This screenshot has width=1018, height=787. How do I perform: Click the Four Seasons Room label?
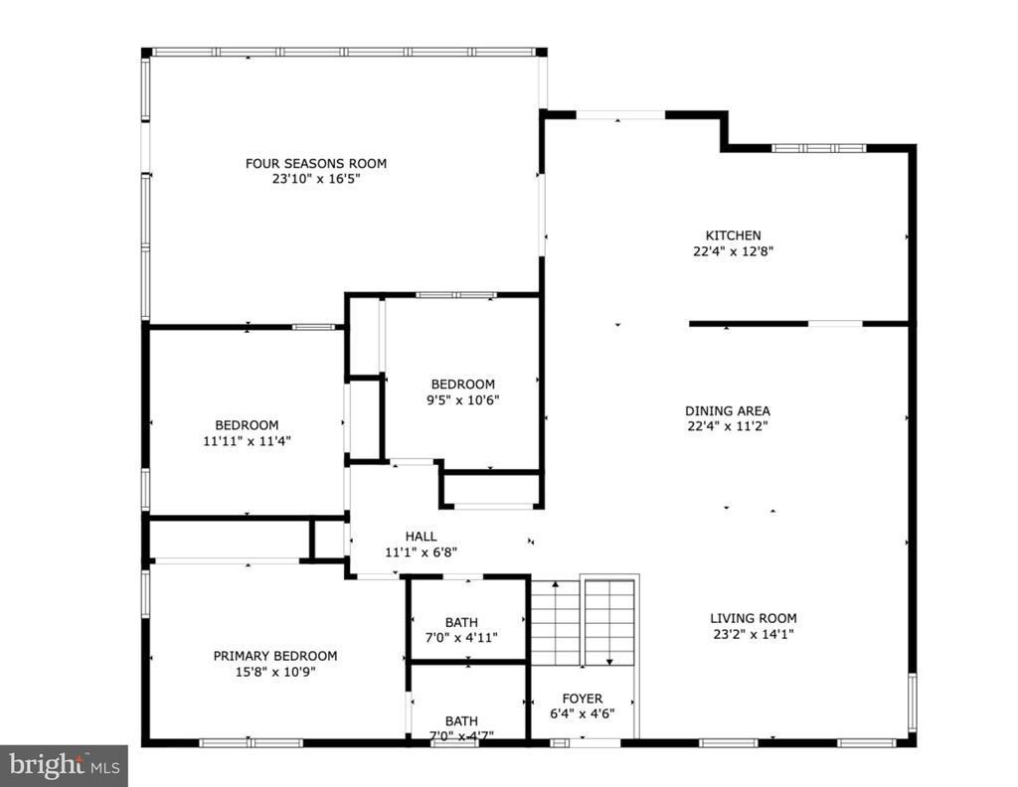tap(315, 164)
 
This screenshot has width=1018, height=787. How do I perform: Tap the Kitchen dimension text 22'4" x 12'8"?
tap(733, 251)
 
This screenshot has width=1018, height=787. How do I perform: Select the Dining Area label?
tap(727, 410)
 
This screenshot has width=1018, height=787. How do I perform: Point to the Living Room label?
tap(754, 618)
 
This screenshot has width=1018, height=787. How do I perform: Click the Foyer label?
tap(583, 699)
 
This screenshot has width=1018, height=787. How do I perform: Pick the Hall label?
tap(421, 537)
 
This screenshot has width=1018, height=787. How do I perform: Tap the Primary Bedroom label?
tap(275, 656)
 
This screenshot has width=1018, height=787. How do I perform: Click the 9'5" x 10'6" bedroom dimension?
tap(462, 399)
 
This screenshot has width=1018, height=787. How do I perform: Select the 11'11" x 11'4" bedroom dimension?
tap(247, 441)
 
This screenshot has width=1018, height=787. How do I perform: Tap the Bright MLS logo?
tap(64, 766)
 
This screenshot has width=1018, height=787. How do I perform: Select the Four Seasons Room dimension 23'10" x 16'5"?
tap(315, 179)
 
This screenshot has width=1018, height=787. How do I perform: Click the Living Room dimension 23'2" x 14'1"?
tap(754, 634)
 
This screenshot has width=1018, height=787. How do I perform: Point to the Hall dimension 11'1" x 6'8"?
tap(421, 552)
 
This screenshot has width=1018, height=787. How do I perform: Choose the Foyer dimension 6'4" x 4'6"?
tap(583, 713)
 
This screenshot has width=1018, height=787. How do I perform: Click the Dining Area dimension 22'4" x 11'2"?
tap(727, 426)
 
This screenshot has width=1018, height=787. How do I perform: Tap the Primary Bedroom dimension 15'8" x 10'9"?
tap(275, 672)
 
